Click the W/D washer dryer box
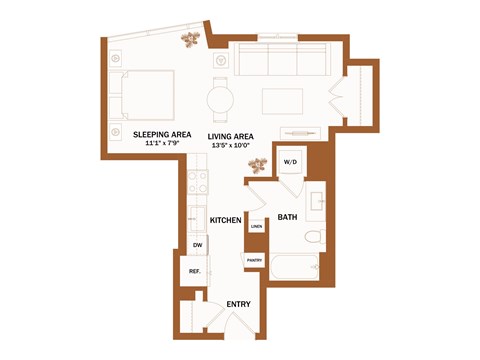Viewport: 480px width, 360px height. click(291, 161)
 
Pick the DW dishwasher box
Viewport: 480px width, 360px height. click(197, 245)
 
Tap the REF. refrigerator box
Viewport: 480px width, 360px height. click(195, 271)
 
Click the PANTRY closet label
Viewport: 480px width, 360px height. click(254, 261)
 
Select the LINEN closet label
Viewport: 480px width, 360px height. click(256, 227)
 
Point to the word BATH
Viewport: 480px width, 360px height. click(287, 217)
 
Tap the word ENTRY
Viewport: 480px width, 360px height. click(238, 304)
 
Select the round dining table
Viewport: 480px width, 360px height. click(222, 100)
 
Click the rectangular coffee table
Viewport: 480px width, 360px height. click(282, 100)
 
